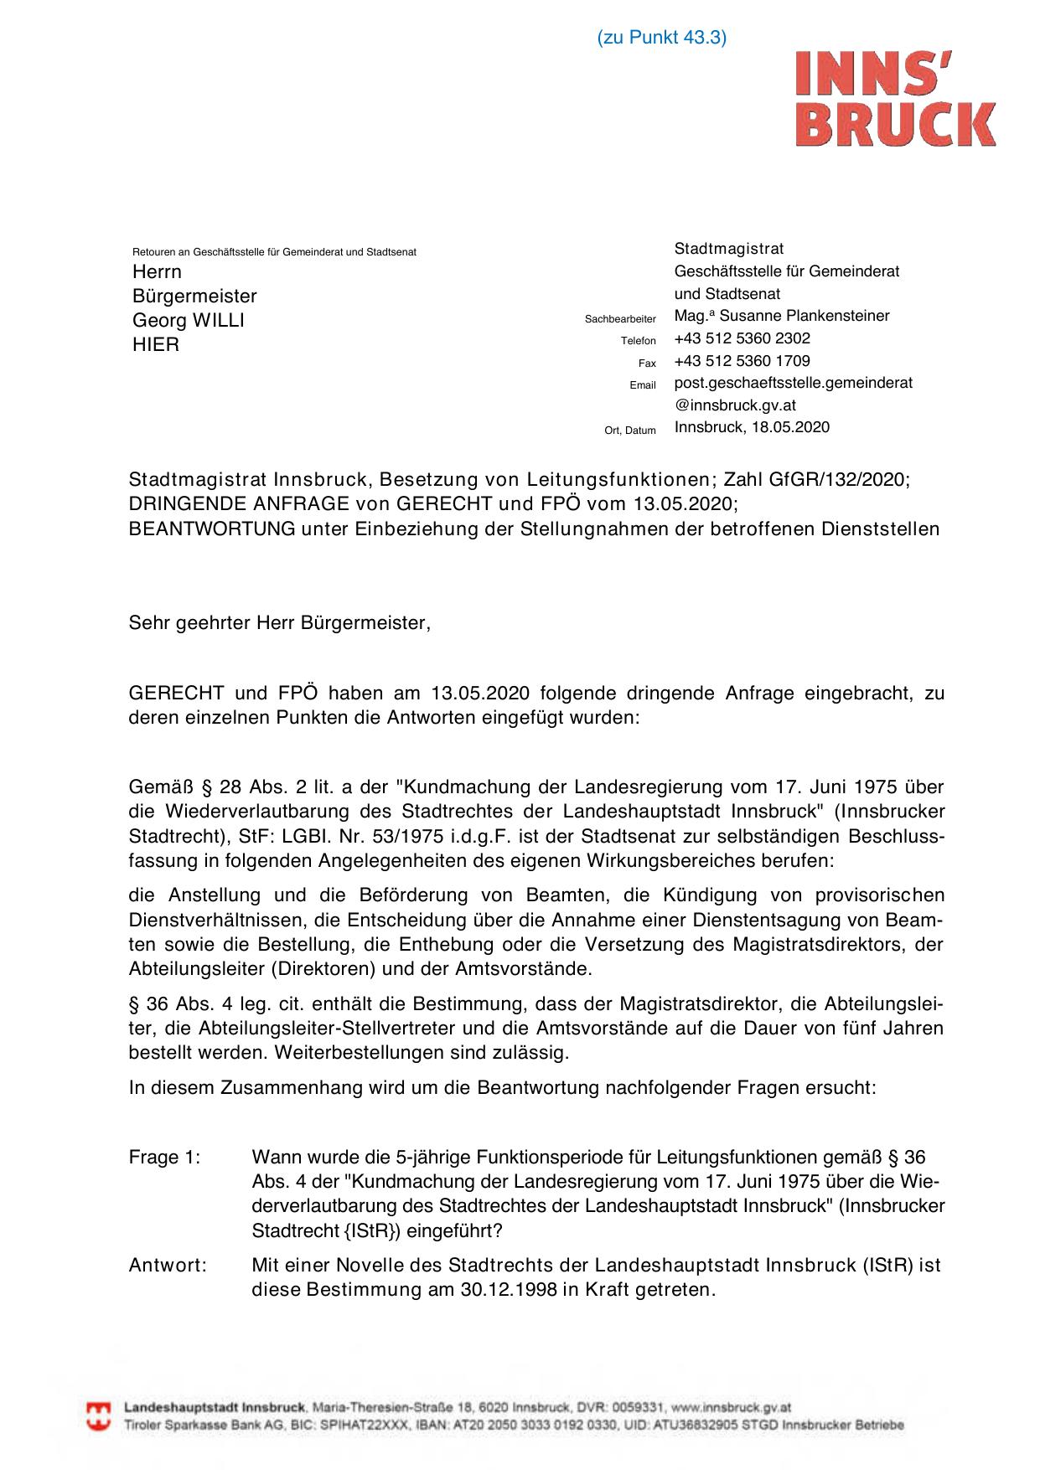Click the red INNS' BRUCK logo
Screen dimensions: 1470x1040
point(895,98)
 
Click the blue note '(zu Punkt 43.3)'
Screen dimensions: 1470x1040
point(661,38)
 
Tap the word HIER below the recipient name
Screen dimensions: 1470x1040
point(156,344)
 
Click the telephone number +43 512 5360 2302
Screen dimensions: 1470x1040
point(742,338)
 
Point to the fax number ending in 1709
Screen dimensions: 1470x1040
point(742,361)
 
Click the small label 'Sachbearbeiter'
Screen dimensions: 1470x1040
point(620,319)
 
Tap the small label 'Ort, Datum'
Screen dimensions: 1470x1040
point(630,431)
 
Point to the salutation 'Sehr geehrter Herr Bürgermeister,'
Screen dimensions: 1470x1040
point(279,623)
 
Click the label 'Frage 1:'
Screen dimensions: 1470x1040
point(164,1158)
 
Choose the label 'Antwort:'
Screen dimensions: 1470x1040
point(168,1265)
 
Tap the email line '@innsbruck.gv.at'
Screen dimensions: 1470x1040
point(735,405)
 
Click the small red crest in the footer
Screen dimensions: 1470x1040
point(99,1416)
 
